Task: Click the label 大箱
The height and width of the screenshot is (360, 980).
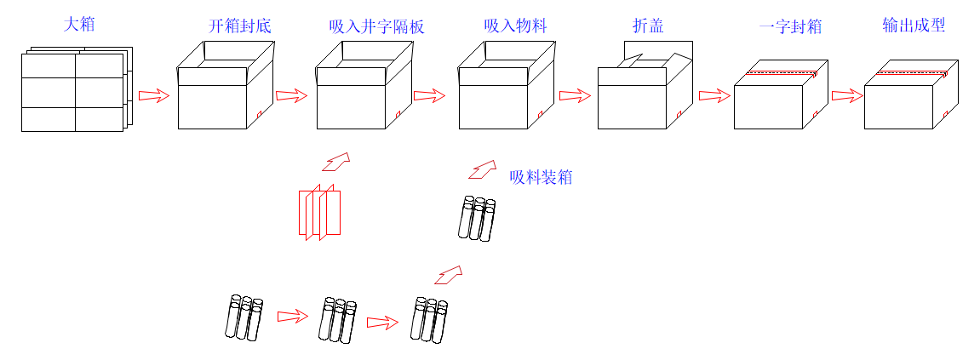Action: tap(79, 25)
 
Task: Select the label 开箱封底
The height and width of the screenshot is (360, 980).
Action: tap(239, 26)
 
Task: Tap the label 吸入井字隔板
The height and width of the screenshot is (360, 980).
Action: tap(376, 26)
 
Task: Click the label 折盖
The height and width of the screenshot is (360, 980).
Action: tap(648, 26)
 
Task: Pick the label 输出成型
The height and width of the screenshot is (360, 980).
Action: tap(914, 26)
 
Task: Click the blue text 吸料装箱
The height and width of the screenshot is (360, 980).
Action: tap(541, 178)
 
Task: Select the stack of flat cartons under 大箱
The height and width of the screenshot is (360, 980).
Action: tap(75, 92)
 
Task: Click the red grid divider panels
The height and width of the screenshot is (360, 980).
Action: tap(319, 213)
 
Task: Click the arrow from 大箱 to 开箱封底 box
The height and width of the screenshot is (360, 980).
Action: tap(154, 95)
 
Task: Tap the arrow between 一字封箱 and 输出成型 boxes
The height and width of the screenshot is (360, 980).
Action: tap(847, 95)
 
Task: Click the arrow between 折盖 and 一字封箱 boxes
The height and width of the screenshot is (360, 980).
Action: tap(714, 95)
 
